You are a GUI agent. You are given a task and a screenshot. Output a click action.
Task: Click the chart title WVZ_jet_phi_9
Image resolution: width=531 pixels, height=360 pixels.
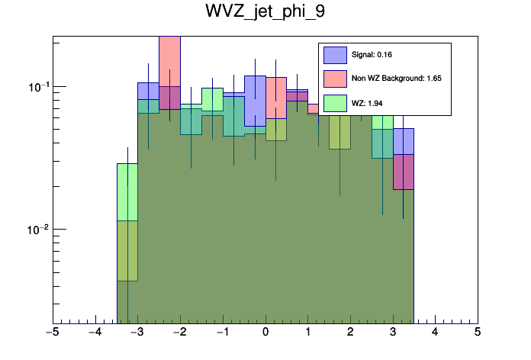265,13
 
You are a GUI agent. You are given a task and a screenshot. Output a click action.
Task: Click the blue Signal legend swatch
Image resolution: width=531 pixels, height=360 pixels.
335,55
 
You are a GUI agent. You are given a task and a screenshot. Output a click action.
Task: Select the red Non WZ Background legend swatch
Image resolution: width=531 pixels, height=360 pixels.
335,79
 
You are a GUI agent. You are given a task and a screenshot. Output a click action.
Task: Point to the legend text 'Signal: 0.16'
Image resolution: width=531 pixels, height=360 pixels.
372,55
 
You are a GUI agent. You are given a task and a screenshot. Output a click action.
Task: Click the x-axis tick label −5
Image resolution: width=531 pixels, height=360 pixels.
52,333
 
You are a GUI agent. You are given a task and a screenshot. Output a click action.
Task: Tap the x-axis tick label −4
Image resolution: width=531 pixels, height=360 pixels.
95,333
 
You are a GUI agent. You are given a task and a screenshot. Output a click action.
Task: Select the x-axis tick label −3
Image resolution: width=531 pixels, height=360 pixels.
137,333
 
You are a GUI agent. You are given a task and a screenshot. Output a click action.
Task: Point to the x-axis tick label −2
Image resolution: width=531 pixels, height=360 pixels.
179,333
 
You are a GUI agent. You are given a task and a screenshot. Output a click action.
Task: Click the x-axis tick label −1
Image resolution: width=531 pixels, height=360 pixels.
222,333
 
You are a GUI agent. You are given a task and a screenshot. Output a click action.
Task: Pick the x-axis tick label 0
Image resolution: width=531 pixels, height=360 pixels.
265,333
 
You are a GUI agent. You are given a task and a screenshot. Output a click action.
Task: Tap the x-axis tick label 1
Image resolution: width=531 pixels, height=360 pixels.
307,333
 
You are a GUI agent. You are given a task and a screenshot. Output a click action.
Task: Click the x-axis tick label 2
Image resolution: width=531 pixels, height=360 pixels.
350,333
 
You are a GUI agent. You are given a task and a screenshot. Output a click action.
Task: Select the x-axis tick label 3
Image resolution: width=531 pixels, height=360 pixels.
392,333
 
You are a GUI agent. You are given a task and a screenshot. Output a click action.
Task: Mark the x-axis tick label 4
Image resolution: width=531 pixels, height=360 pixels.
435,333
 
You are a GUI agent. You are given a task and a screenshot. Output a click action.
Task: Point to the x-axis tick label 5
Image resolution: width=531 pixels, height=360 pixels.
478,333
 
